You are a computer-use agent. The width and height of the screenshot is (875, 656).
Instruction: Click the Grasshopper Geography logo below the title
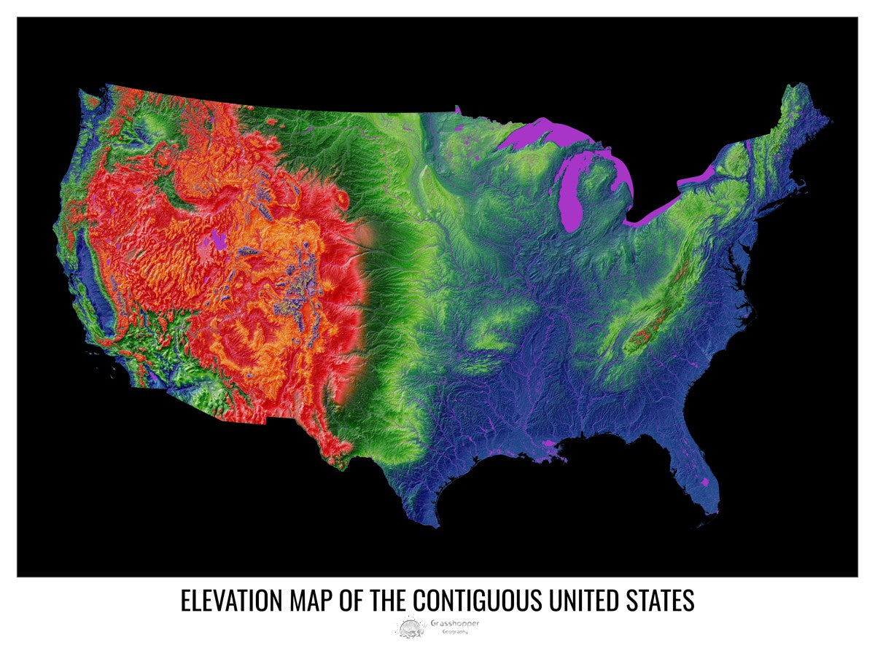point(437,626)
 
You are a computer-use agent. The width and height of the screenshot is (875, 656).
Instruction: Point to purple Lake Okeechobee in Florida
point(704,482)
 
